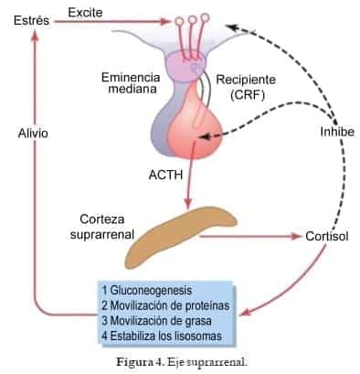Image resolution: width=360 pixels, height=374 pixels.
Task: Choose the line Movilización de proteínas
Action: [x=164, y=304]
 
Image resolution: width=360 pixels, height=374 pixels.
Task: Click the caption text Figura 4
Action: [x=138, y=360]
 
